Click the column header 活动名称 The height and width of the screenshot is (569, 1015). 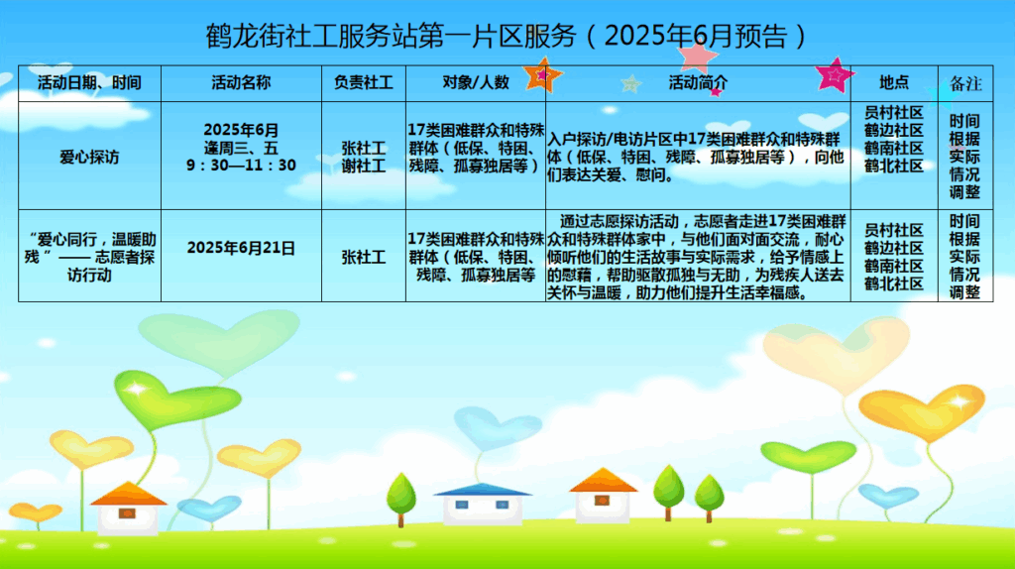[241, 83]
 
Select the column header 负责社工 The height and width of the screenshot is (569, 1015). [363, 83]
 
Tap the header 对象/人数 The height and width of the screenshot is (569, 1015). [476, 83]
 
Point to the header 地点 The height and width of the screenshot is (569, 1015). [894, 83]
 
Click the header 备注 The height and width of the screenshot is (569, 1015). [965, 83]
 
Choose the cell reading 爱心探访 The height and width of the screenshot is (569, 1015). [89, 158]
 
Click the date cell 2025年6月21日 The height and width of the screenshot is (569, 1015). [241, 248]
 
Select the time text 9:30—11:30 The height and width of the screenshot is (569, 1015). [241, 166]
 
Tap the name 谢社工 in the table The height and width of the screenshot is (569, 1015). [364, 167]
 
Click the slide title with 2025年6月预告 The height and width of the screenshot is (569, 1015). [507, 37]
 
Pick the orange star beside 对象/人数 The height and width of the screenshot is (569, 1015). [542, 75]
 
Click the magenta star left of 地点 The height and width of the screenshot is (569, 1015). [835, 75]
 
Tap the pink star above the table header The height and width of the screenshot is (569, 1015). [697, 55]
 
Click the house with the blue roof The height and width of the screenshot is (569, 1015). [483, 504]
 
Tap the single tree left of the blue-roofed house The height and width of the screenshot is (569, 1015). [401, 499]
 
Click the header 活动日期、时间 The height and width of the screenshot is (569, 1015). [89, 83]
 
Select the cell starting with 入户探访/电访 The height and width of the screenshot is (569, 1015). [697, 158]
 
